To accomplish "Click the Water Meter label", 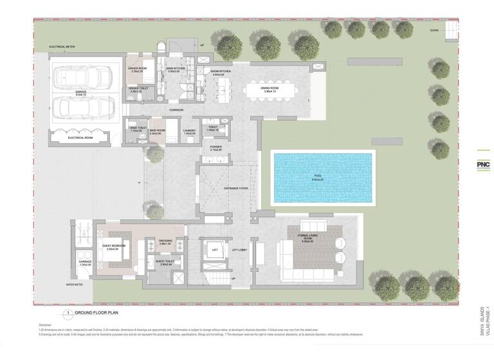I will click(75, 283).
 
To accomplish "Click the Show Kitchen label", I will click(221, 72).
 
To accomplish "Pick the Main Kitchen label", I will click(176, 68).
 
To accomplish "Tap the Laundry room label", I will click(189, 131).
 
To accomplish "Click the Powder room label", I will click(215, 147).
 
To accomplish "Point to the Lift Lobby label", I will click(239, 249).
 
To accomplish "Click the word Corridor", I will click(177, 111).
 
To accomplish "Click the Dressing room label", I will click(166, 242).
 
